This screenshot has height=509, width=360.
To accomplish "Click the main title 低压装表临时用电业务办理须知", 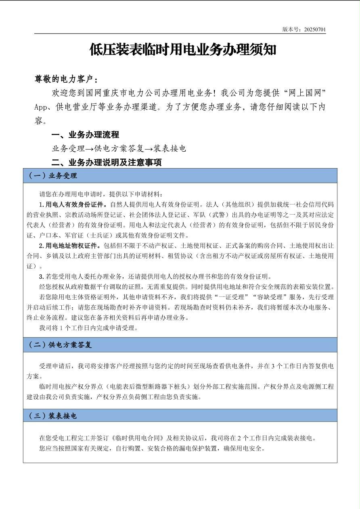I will (183, 50).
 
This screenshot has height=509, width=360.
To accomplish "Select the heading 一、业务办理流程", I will (85, 135).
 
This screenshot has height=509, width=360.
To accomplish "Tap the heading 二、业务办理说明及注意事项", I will (107, 163).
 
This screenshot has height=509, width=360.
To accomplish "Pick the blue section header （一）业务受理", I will (52, 175).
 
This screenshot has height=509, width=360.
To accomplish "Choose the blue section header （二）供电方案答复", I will (60, 345).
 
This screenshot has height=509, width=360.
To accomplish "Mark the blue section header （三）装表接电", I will (52, 415).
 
